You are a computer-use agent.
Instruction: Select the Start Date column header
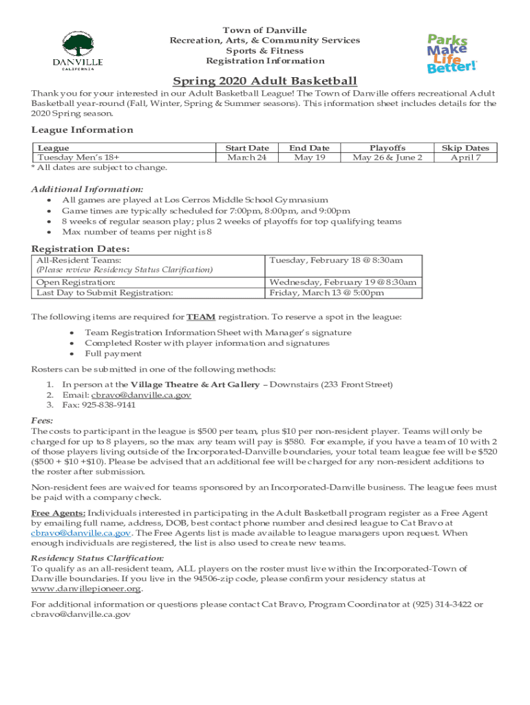coord(247,148)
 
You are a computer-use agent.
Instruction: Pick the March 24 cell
coord(247,158)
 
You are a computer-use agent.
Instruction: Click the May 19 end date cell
coord(309,158)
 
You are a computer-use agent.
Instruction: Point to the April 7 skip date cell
coord(465,158)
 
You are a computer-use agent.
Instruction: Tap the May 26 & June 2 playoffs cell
coord(388,158)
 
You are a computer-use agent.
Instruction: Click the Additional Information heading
coord(87,189)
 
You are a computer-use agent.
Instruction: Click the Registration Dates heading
coord(81,249)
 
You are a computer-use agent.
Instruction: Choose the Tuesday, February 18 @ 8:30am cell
coord(336,260)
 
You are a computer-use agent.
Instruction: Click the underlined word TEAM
coord(202,317)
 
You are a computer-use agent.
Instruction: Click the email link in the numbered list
coord(141,395)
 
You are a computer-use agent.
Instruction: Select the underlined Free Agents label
coord(59,513)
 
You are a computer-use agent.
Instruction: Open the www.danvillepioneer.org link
coord(87,589)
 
